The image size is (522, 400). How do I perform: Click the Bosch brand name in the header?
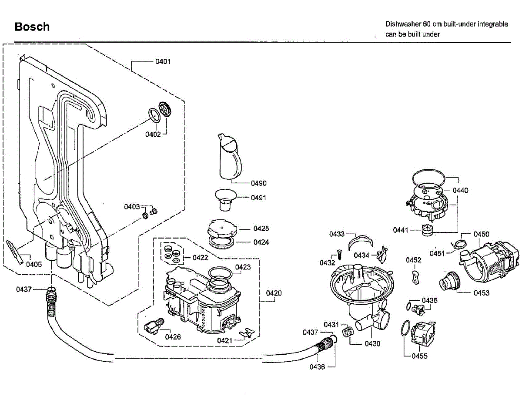[x=32, y=27]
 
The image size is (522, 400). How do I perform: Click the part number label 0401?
[x=163, y=61]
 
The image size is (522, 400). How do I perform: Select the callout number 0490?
[x=258, y=183]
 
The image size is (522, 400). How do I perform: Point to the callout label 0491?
[x=258, y=198]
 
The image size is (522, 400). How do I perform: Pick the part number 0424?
[x=261, y=242]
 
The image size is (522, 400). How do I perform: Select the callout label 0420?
[x=274, y=293]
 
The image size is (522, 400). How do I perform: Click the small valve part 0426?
[x=154, y=326]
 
